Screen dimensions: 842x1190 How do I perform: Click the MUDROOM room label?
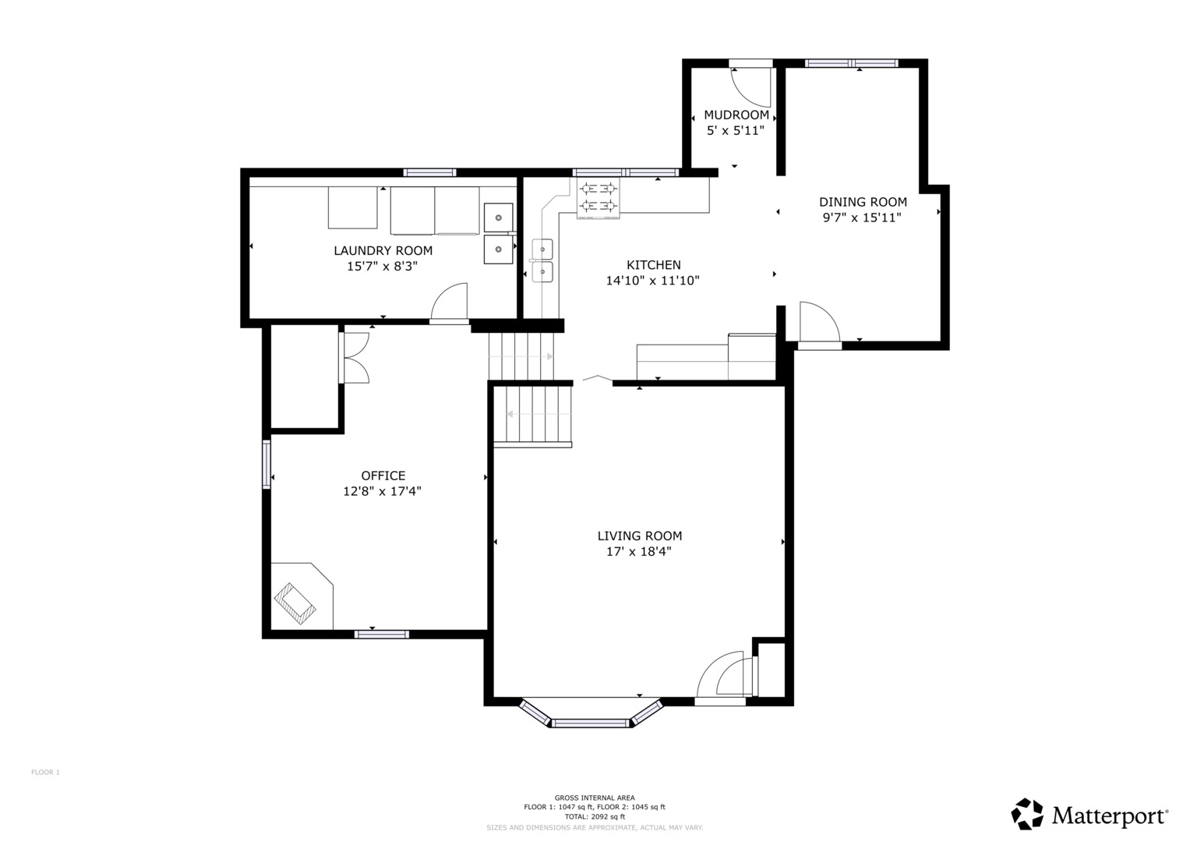(x=736, y=115)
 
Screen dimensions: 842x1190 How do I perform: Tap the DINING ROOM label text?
(x=862, y=202)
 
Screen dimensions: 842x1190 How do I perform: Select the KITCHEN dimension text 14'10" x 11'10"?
(x=652, y=281)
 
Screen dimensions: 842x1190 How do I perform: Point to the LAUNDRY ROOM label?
(x=383, y=250)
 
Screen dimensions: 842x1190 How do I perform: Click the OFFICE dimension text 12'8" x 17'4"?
(x=382, y=491)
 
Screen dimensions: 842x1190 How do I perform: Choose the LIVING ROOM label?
(x=639, y=536)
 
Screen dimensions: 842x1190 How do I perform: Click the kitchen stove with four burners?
(x=599, y=196)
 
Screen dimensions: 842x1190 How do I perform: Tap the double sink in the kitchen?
(x=542, y=260)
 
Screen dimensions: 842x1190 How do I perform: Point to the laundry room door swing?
(x=450, y=302)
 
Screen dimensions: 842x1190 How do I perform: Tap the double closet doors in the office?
(x=355, y=358)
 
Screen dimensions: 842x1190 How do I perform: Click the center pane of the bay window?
(x=591, y=723)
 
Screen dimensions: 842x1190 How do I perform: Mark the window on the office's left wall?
(x=267, y=465)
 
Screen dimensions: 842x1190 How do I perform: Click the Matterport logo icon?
(x=1027, y=814)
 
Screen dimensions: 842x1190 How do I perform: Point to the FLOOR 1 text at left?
(x=45, y=772)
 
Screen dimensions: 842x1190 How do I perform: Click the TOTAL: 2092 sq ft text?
(x=595, y=816)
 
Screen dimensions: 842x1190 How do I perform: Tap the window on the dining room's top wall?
(x=851, y=63)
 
